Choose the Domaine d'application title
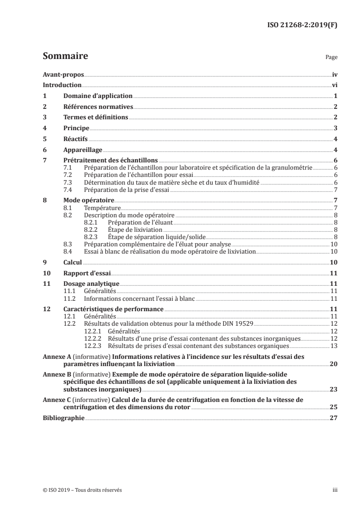[98, 96]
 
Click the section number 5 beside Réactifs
[44, 139]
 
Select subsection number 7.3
[69, 183]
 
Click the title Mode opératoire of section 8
[89, 200]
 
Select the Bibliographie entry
[63, 418]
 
